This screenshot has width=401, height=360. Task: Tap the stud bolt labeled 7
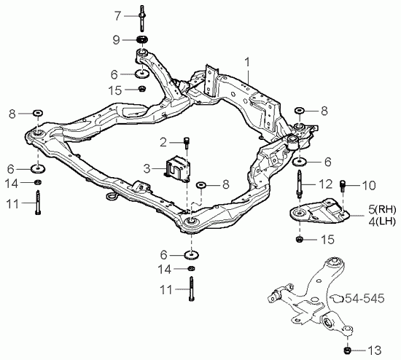point(142,18)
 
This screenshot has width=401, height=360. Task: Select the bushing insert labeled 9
point(143,40)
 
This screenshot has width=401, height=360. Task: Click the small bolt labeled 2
point(186,142)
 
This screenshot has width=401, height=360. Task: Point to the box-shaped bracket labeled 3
point(177,169)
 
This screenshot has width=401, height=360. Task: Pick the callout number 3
point(147,169)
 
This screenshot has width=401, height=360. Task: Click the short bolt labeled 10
point(343,187)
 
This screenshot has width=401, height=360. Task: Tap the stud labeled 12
point(299,184)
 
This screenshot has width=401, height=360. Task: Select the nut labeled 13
point(347,351)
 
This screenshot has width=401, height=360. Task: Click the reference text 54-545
point(365,298)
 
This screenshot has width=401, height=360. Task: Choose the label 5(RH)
point(382,210)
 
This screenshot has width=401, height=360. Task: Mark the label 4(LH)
point(382,221)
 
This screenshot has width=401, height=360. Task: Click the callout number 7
point(117,16)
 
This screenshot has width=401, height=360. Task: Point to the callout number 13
point(375,351)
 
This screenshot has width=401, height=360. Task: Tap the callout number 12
point(326,184)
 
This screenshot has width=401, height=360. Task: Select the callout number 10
point(368,186)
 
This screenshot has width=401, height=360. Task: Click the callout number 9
point(117,40)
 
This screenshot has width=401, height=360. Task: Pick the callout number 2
point(163,142)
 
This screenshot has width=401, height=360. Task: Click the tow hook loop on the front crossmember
point(112,196)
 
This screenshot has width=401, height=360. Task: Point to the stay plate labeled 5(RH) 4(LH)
point(319,211)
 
